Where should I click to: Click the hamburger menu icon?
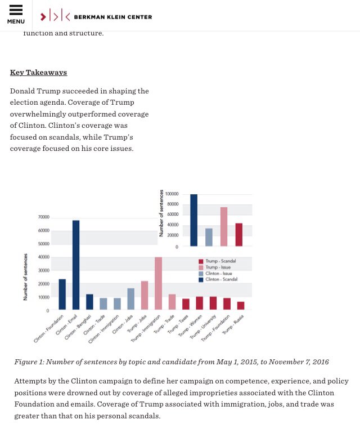coord(16,11)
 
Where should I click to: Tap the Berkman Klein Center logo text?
coord(112,17)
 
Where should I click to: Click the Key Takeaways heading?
coord(38,73)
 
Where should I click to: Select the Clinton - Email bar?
coord(76,265)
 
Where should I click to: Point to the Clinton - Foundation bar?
coord(62,294)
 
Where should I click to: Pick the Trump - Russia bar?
coord(241,305)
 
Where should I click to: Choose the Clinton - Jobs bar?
coord(130,298)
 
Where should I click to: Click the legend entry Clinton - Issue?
coord(219,273)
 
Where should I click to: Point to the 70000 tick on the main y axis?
coord(44,217)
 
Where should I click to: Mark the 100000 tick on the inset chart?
coord(172,194)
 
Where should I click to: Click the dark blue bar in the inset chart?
coord(193,220)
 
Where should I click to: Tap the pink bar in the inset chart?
coord(223,227)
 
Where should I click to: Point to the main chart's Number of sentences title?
coord(25,276)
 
